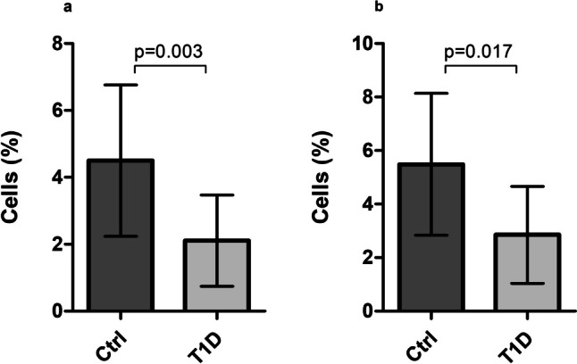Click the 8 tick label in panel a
(x=55, y=43)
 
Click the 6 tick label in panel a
(x=55, y=110)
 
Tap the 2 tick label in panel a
(x=55, y=244)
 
